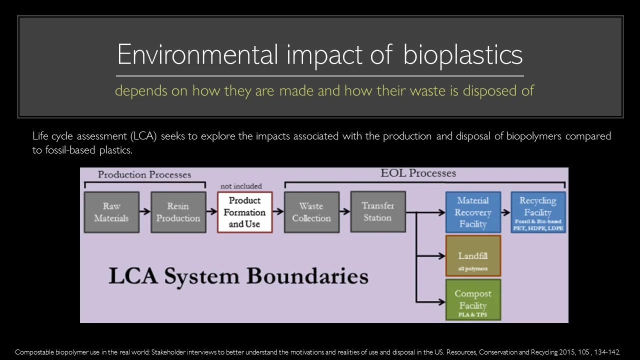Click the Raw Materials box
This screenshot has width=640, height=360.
point(111,212)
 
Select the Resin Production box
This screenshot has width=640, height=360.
point(178,212)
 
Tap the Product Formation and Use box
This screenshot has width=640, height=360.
point(244,212)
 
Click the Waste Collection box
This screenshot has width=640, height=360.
point(311,212)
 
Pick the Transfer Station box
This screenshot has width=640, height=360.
point(378,212)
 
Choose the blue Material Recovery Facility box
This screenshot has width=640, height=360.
point(472,212)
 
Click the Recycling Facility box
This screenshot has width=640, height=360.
point(538,212)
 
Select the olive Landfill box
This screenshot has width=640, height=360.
point(472,256)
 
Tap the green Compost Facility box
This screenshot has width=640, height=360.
point(472,300)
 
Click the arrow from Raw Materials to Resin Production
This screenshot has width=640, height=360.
point(145,212)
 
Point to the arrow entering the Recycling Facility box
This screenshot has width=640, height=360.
point(505,212)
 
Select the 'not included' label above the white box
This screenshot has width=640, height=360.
point(241,186)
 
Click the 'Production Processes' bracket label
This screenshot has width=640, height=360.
point(144,174)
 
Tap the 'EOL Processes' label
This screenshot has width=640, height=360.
point(418,173)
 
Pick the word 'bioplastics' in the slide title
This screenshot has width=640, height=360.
point(462,54)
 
